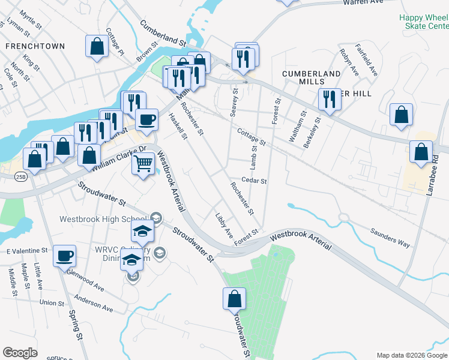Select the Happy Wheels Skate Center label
click(424, 22)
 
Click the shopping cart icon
click(143, 163)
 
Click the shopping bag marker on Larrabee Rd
click(421, 151)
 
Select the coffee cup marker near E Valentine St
click(64, 256)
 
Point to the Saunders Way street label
click(390, 236)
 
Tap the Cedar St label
click(254, 180)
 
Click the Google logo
click(20, 353)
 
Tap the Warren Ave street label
click(363, 2)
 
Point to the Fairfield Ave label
click(366, 59)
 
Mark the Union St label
click(52, 303)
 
